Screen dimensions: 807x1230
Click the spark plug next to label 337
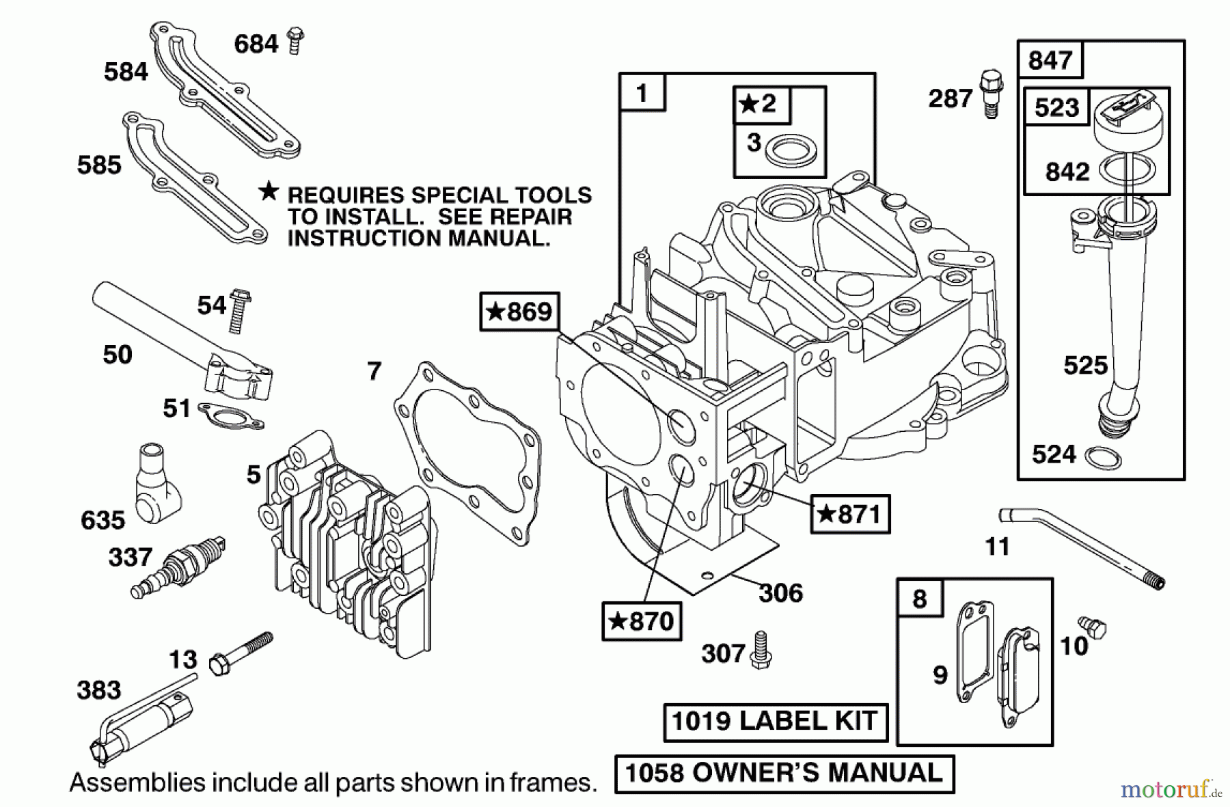coord(180,566)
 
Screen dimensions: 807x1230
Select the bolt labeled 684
coord(295,41)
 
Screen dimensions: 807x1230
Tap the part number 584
coord(126,72)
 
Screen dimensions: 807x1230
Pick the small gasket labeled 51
coord(230,415)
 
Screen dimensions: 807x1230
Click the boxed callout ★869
coord(520,312)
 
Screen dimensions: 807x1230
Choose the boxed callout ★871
coord(851,514)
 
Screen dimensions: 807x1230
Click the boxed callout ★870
coord(642,620)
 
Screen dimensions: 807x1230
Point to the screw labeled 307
coord(761,650)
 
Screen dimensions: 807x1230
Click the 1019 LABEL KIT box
coord(776,722)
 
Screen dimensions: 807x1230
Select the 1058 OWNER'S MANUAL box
coord(784,773)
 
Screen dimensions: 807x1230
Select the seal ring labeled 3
coord(791,151)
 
